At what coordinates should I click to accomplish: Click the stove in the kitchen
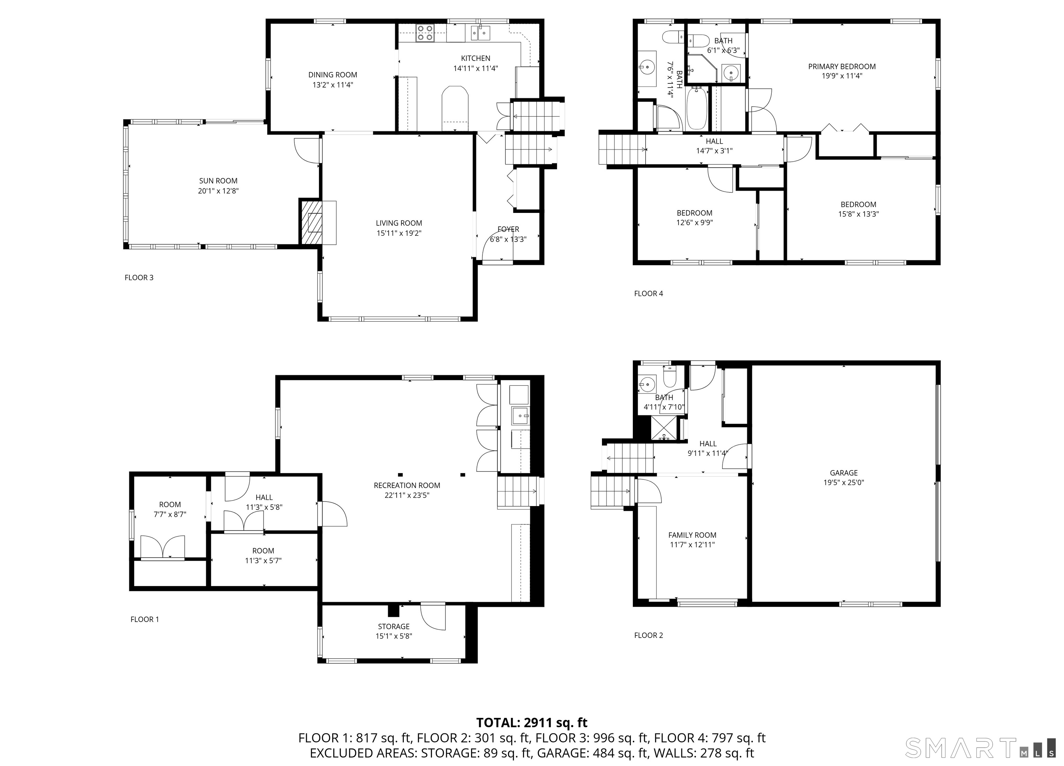point(425,33)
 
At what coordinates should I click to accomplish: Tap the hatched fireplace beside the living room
point(311,222)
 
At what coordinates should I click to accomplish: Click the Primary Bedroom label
point(842,66)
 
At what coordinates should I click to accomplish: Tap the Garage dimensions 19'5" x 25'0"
point(843,483)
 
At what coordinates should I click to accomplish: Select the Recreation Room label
point(407,485)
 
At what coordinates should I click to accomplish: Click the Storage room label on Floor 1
point(393,626)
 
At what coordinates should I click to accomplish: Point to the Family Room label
point(692,535)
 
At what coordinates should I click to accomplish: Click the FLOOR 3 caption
point(139,278)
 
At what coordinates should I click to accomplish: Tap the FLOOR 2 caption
point(648,635)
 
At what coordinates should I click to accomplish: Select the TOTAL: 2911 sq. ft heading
point(532,722)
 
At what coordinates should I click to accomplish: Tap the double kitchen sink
point(480,33)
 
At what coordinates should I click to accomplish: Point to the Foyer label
point(508,229)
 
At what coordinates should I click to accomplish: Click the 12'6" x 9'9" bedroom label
point(694,223)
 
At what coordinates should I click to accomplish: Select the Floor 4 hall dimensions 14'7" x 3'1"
point(714,151)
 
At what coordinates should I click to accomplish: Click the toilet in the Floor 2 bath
point(670,376)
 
